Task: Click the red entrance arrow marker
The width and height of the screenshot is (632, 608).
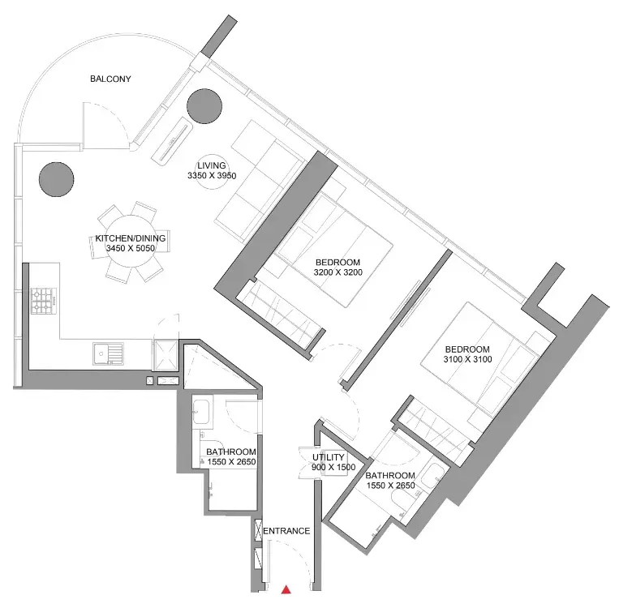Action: pyautogui.click(x=286, y=589)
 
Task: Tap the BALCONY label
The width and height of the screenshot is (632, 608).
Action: pyautogui.click(x=110, y=79)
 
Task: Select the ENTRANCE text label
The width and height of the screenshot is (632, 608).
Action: pyautogui.click(x=286, y=531)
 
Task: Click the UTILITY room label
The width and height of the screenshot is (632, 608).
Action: pyautogui.click(x=329, y=457)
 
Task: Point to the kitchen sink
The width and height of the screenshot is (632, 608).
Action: pyautogui.click(x=108, y=354)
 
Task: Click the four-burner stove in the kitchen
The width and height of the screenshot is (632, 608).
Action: pyautogui.click(x=44, y=302)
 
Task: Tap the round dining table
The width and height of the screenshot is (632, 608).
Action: pyautogui.click(x=131, y=242)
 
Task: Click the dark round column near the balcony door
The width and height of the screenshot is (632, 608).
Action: pyautogui.click(x=204, y=106)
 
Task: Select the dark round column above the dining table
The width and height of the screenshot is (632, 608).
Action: pyautogui.click(x=57, y=179)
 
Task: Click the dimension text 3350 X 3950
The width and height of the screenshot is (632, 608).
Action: pyautogui.click(x=212, y=176)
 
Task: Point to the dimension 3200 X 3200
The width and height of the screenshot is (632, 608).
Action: pyautogui.click(x=337, y=272)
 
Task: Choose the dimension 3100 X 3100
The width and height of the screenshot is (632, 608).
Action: pyautogui.click(x=467, y=359)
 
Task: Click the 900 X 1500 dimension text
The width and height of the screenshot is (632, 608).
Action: pyautogui.click(x=333, y=467)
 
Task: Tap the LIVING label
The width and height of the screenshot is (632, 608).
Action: pyautogui.click(x=211, y=165)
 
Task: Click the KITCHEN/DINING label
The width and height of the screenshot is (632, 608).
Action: pyautogui.click(x=130, y=238)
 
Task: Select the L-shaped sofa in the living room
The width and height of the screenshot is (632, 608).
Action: pyautogui.click(x=258, y=182)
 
